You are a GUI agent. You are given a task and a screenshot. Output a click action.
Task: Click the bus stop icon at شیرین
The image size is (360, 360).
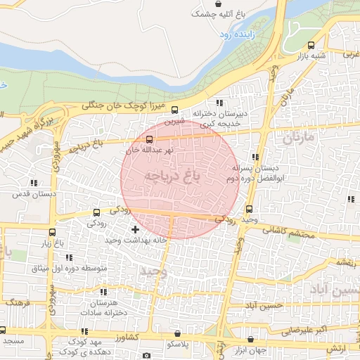(x=175, y=110)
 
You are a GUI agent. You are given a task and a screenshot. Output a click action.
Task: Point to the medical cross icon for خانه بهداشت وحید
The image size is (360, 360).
(x=135, y=229)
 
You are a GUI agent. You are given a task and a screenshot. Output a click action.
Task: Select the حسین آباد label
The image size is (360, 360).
(x=335, y=289)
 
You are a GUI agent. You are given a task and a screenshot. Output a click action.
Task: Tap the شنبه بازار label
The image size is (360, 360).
(x=316, y=56)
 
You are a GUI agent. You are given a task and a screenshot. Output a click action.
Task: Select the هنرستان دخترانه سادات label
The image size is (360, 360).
(x=103, y=307)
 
